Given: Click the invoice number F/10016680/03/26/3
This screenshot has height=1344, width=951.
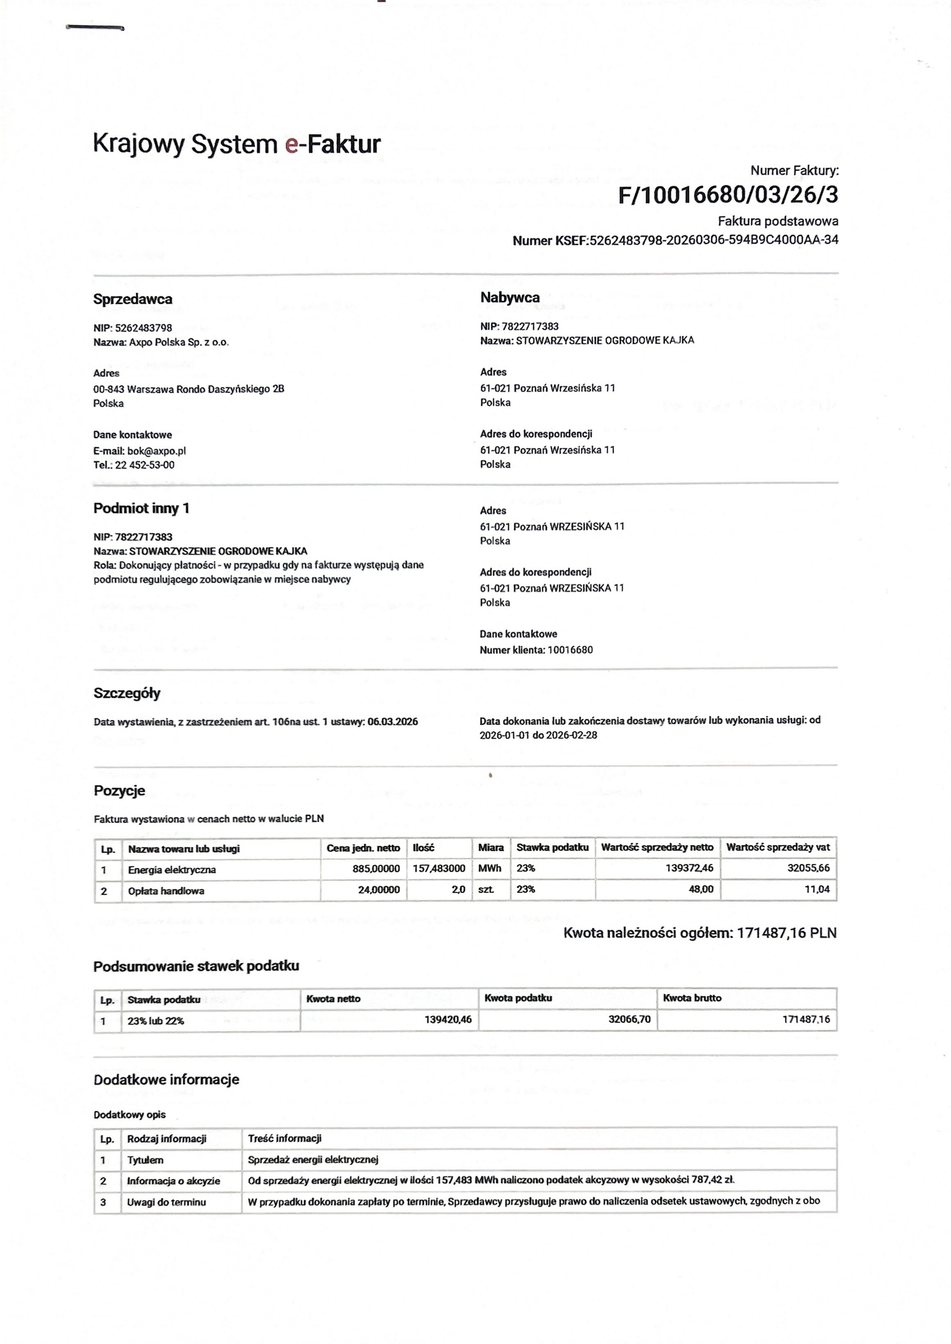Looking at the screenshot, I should (728, 195).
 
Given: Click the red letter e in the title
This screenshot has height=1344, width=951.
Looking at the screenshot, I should (291, 144).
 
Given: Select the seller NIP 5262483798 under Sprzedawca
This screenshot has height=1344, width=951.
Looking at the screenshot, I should (144, 328).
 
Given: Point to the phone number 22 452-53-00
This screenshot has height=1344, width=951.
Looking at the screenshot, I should (145, 465).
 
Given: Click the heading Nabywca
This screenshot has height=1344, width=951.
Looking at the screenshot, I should (509, 297).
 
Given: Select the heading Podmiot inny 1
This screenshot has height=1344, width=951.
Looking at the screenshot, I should (141, 508).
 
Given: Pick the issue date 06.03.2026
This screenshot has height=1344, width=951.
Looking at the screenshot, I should (393, 722).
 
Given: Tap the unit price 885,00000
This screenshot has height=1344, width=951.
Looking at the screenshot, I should (376, 869).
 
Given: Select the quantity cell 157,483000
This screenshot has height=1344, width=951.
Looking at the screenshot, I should (439, 869).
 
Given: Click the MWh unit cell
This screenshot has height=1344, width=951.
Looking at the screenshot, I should (490, 869).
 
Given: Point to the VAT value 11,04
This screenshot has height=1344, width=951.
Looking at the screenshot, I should (817, 890).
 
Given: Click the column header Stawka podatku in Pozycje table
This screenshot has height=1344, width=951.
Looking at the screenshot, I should (552, 848).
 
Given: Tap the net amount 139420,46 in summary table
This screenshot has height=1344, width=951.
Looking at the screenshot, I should (447, 1020).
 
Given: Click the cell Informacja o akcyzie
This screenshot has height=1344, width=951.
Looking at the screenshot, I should (173, 1181).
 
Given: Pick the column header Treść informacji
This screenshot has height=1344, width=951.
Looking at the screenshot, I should (285, 1139).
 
